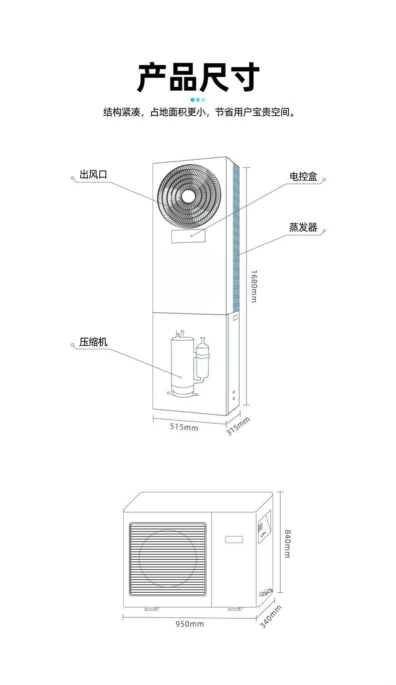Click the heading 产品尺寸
click(x=199, y=77)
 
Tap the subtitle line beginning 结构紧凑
click(x=199, y=112)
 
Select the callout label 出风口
click(x=93, y=174)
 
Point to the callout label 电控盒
click(x=303, y=176)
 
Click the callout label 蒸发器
click(x=303, y=227)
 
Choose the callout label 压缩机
click(x=93, y=342)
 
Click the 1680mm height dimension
click(x=253, y=286)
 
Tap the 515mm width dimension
click(x=184, y=427)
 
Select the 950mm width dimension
click(x=189, y=624)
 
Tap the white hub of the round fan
click(x=188, y=196)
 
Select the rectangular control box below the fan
click(x=188, y=237)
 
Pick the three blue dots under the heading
click(x=198, y=100)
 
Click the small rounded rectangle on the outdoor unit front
click(x=234, y=540)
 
